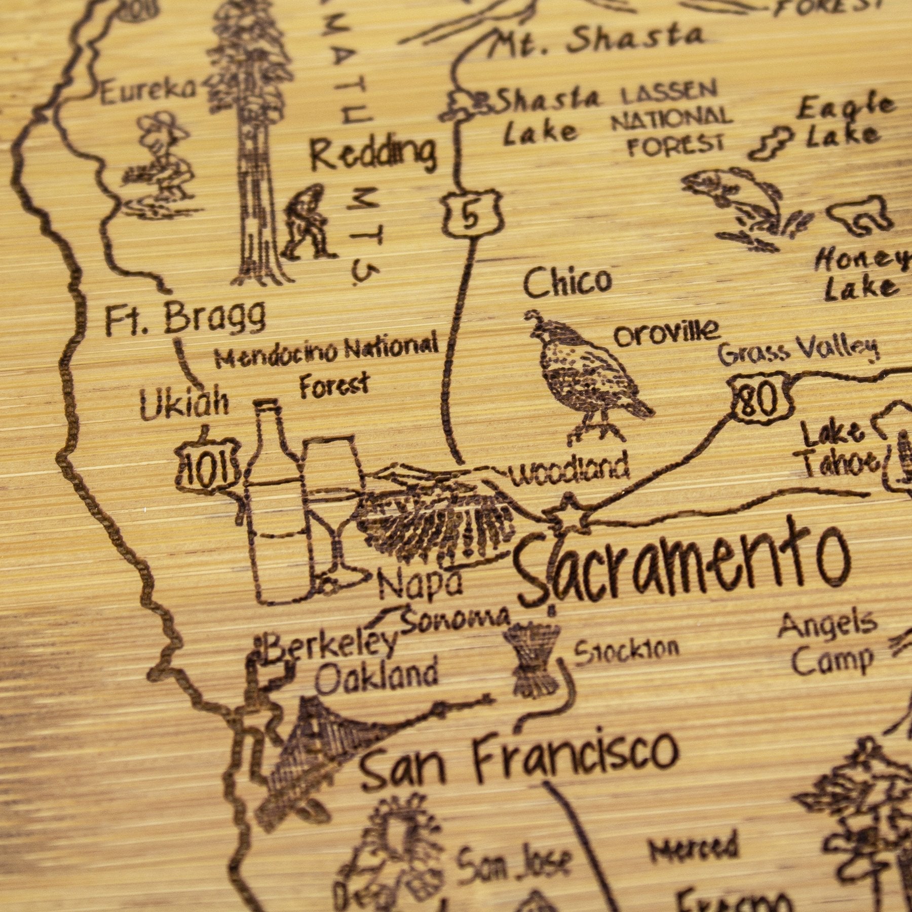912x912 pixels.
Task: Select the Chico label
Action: (567, 281)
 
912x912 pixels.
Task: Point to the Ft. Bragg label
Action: (185, 317)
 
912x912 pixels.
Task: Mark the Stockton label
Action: (626, 651)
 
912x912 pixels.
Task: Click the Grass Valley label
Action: (798, 350)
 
